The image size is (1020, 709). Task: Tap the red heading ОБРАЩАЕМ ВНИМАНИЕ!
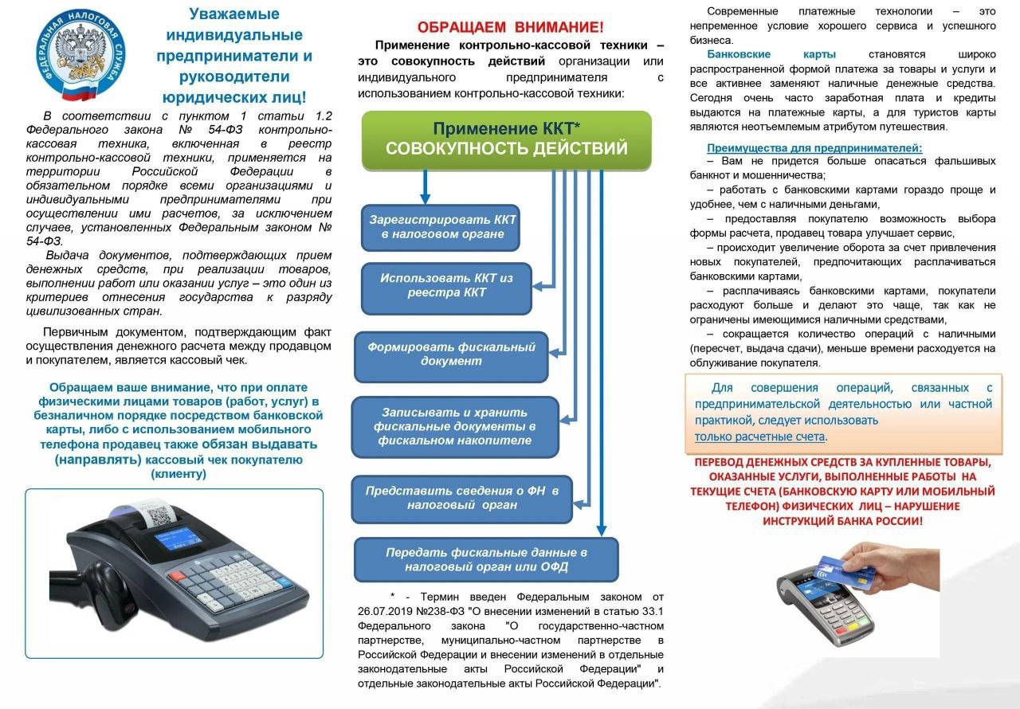coord(511,26)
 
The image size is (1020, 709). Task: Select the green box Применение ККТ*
coord(506,139)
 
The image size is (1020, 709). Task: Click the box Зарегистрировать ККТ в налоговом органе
coord(441,226)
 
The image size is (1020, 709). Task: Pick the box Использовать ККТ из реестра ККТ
coord(445,285)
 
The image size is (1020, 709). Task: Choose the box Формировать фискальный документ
coord(451,354)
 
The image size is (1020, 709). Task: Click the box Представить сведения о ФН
coord(461,498)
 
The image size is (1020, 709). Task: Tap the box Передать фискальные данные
coord(486,559)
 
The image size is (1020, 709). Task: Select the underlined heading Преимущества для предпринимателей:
coord(814,148)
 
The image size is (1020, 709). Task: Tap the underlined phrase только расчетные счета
coord(759,437)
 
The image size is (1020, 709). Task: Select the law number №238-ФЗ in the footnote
coord(440,610)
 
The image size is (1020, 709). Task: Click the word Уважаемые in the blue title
coord(233,14)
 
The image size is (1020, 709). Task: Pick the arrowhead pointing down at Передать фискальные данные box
coord(602,529)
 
